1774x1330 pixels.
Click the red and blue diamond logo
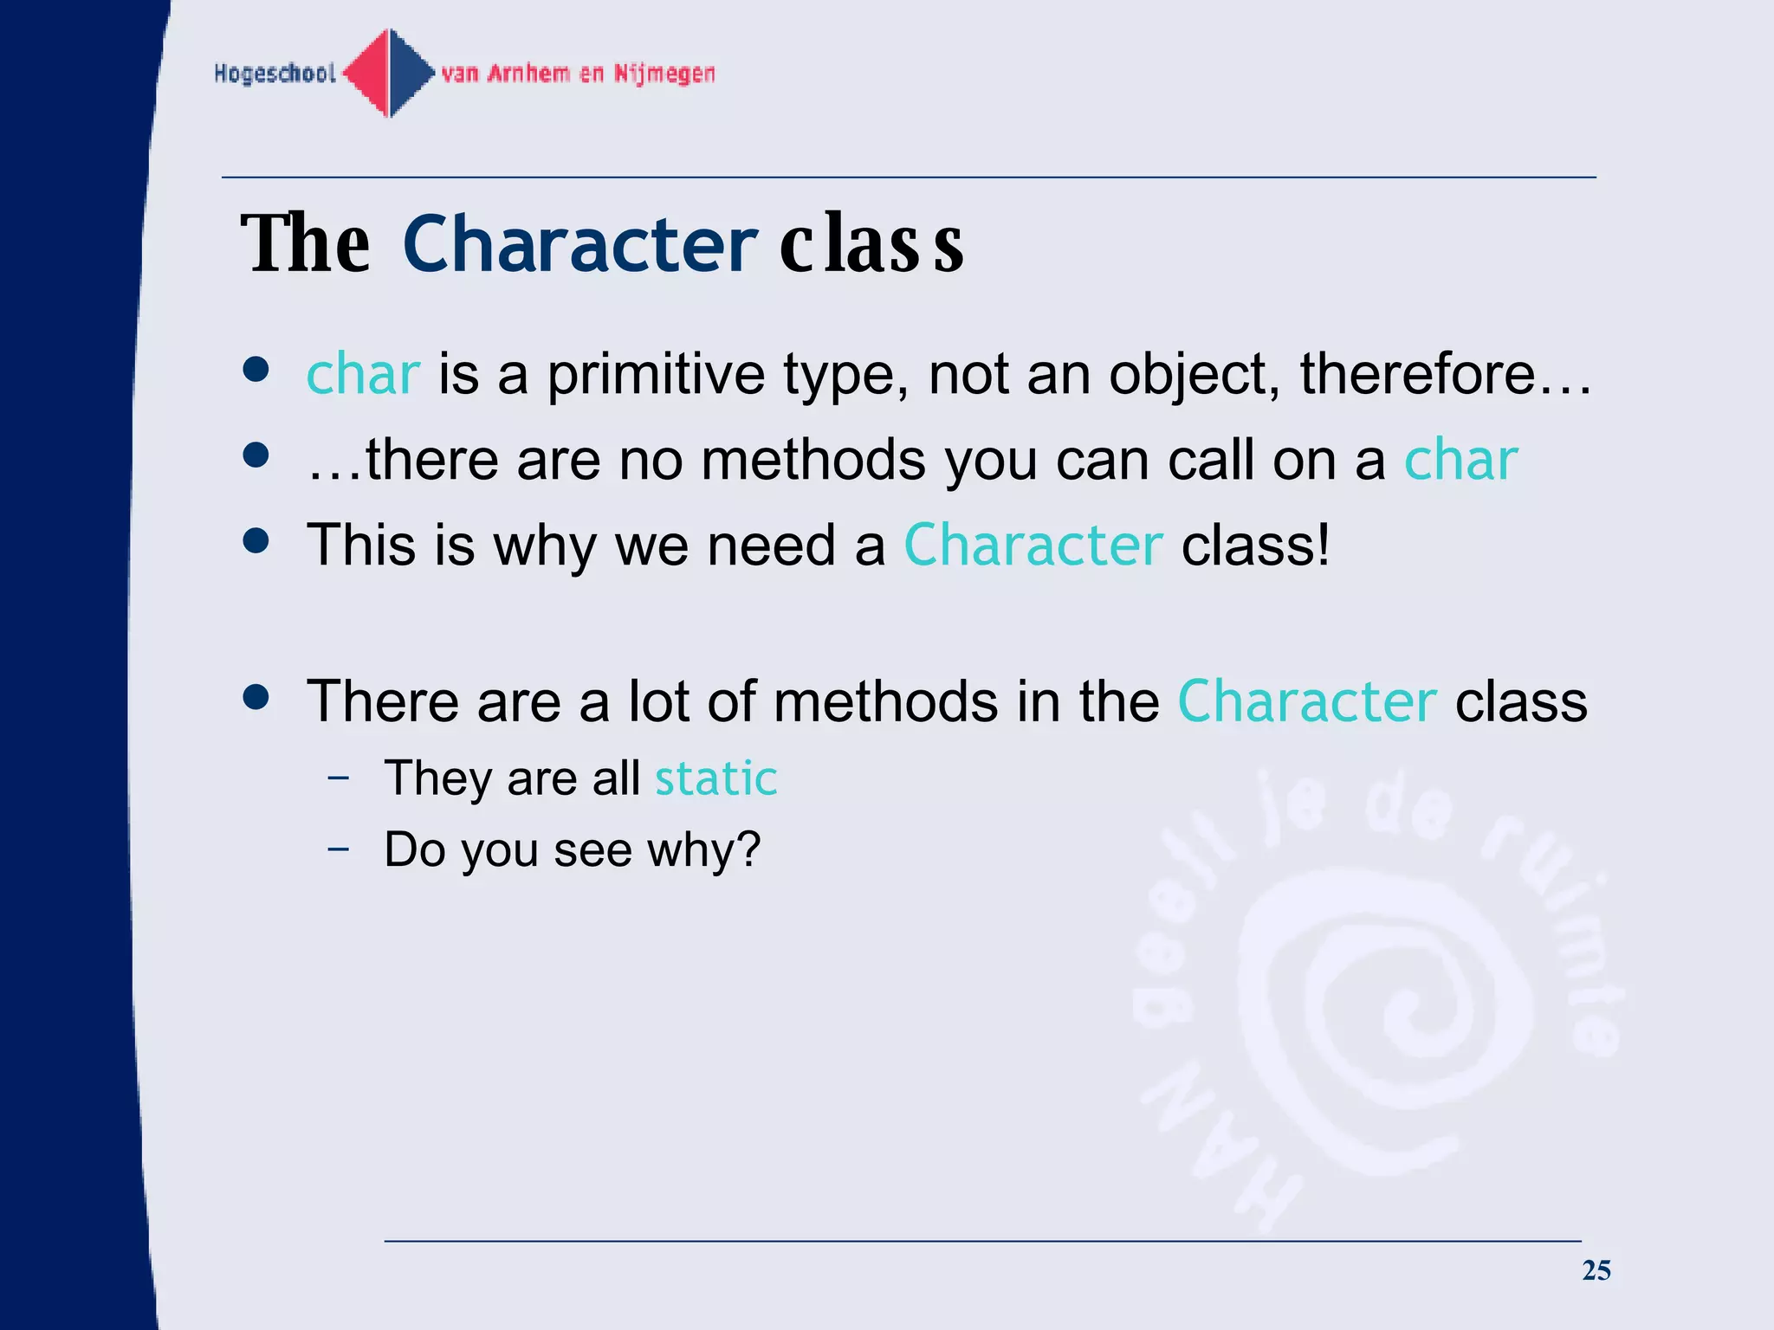click(389, 73)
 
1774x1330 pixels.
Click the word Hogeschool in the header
click(275, 74)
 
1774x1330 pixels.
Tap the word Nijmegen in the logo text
click(664, 74)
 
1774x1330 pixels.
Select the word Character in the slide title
click(579, 244)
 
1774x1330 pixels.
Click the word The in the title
click(305, 244)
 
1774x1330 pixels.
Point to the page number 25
click(1596, 1270)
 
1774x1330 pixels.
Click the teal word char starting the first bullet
click(363, 374)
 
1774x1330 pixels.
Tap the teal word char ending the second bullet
click(1460, 460)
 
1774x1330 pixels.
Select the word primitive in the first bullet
click(656, 376)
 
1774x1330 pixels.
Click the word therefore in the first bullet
click(1417, 374)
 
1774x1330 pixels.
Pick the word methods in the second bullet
click(813, 460)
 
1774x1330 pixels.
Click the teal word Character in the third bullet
click(1033, 546)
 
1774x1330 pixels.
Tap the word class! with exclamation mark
click(1255, 546)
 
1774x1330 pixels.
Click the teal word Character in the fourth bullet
click(1306, 701)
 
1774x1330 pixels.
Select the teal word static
click(715, 778)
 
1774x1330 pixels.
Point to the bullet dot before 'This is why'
click(256, 541)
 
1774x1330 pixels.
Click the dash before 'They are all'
click(339, 777)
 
